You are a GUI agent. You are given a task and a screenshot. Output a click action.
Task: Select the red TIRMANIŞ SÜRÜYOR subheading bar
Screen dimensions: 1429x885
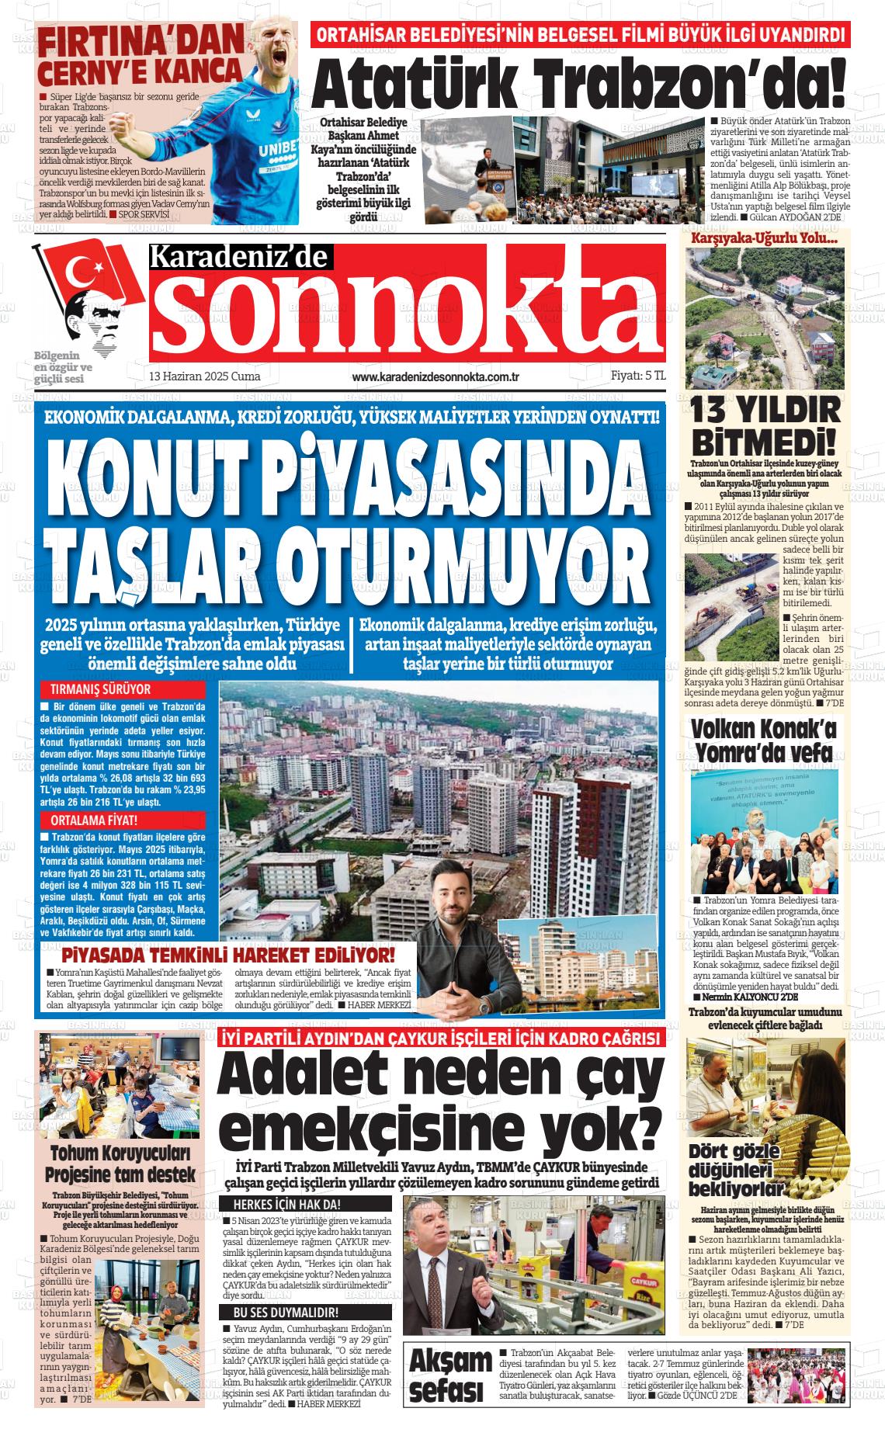click(123, 689)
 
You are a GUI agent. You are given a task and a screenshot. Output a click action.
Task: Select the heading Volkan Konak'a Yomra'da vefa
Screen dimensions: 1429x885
click(765, 741)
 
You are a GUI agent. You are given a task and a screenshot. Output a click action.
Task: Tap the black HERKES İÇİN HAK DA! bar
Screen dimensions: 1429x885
click(304, 1205)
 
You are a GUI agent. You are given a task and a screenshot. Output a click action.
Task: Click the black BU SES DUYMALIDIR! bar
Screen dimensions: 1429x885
click(304, 1313)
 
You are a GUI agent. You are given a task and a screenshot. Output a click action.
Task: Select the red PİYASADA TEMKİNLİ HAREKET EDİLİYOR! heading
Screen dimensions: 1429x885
click(228, 955)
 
